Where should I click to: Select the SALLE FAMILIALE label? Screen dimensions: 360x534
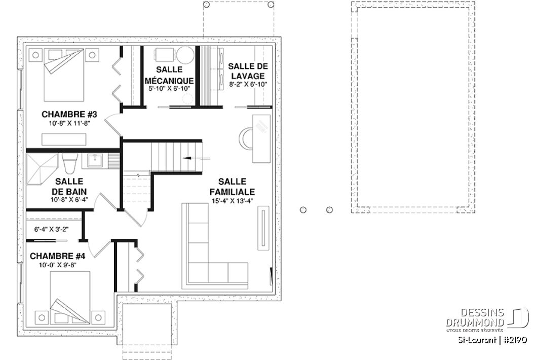coord(233,187)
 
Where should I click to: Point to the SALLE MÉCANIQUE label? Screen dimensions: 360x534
coord(169,75)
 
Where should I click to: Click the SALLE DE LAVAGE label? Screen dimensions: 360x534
coord(247,71)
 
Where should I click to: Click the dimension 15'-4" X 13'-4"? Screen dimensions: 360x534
coord(233,200)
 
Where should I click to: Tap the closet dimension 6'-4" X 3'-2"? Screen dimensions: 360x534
coord(51,229)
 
